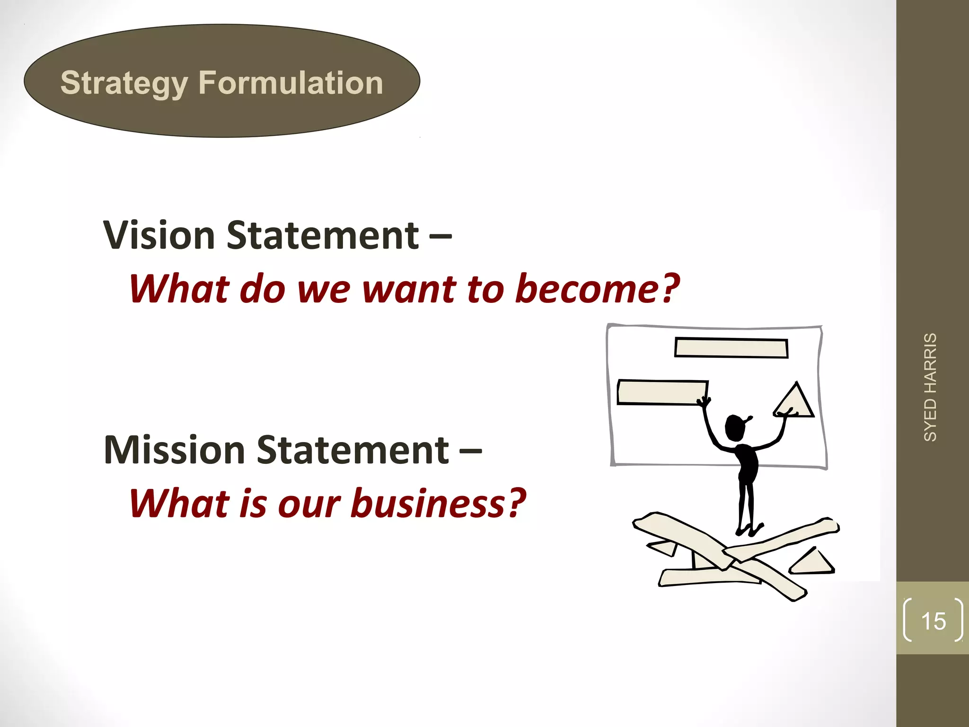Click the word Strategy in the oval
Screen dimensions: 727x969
click(x=124, y=83)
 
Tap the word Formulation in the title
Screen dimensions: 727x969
click(x=291, y=83)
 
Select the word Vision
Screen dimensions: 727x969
click(x=159, y=235)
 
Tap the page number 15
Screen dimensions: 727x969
click(x=933, y=621)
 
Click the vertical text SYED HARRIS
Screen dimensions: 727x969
click(x=930, y=387)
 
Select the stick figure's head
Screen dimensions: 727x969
click(x=735, y=427)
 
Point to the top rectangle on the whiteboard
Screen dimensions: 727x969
click(x=731, y=348)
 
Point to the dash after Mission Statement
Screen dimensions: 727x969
click(x=471, y=450)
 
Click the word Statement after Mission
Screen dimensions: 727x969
click(x=352, y=450)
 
